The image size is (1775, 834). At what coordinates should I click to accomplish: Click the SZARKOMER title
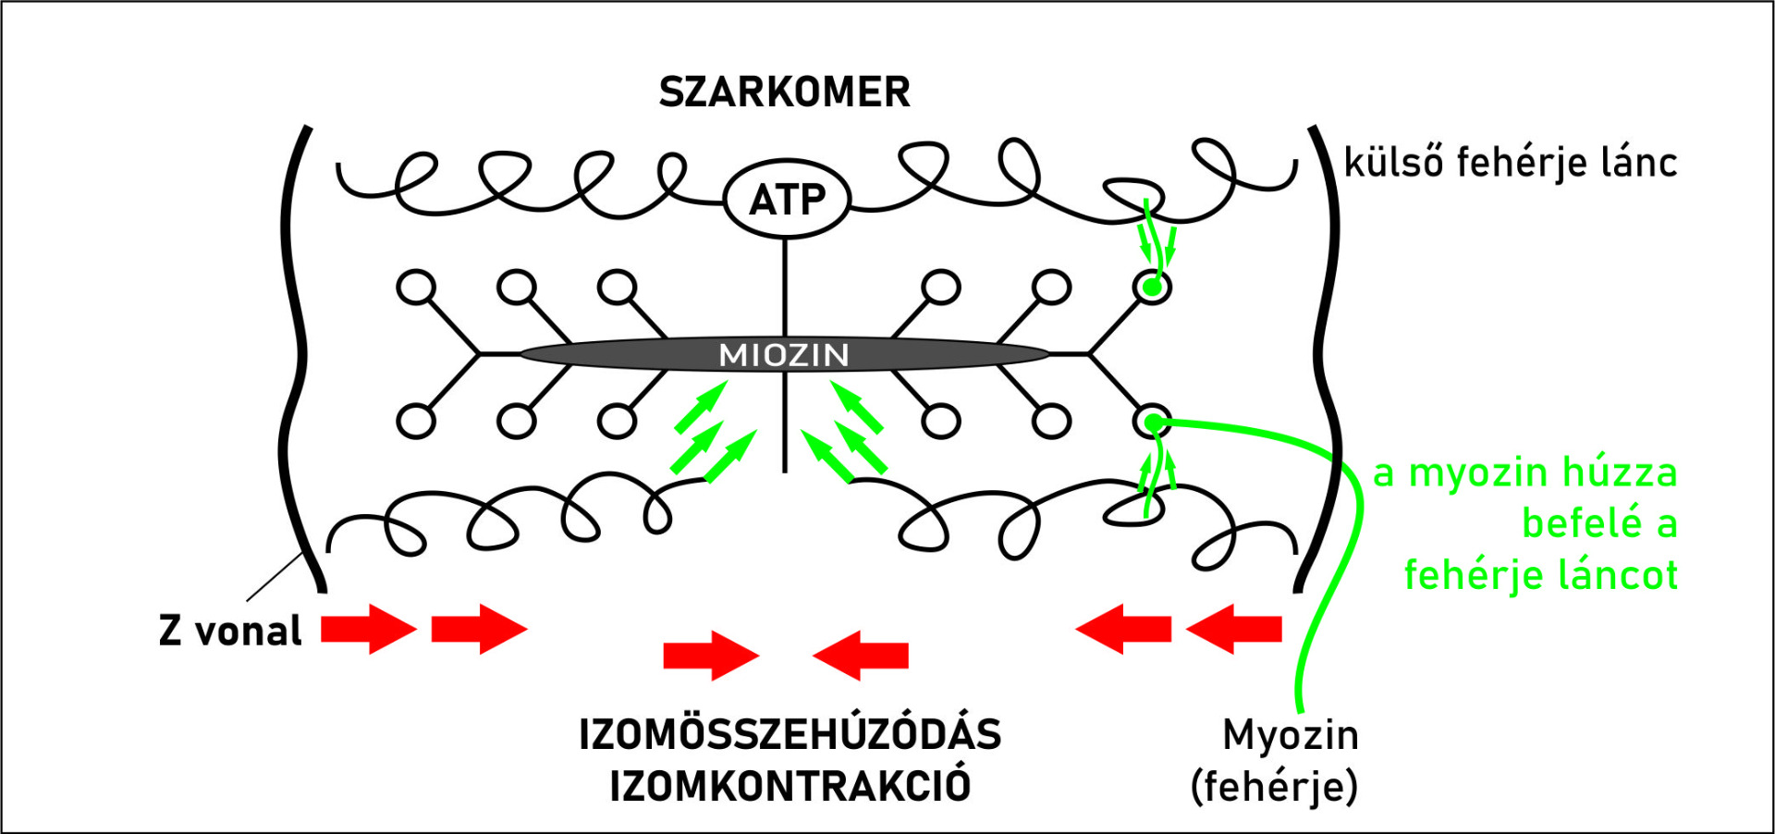(x=784, y=92)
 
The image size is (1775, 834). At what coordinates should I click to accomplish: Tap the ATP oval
(x=787, y=199)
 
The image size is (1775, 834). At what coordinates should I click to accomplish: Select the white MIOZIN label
(x=784, y=355)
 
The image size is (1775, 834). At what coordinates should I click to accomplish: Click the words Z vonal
(x=230, y=631)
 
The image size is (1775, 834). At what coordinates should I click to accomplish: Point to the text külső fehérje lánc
(x=1510, y=163)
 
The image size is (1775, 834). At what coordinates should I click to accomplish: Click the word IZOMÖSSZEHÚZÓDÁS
(x=790, y=735)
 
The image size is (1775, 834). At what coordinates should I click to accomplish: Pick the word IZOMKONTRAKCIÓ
(x=790, y=786)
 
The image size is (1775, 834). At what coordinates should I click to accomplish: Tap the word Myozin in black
(x=1291, y=736)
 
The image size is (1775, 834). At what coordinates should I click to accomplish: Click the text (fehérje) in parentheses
(x=1274, y=787)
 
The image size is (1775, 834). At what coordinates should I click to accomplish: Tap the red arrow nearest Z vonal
(x=368, y=630)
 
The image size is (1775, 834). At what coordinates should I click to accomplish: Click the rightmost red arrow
(x=1234, y=630)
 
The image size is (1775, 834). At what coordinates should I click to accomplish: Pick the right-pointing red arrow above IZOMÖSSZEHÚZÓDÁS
(x=710, y=656)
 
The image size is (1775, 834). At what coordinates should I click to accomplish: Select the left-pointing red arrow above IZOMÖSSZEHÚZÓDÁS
(x=861, y=656)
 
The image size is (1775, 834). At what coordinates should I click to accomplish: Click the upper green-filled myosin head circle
(x=1152, y=288)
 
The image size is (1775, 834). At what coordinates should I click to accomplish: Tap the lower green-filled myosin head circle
(x=1152, y=423)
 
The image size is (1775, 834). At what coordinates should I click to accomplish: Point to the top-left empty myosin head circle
(x=416, y=288)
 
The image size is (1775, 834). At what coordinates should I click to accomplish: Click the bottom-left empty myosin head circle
(x=416, y=422)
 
